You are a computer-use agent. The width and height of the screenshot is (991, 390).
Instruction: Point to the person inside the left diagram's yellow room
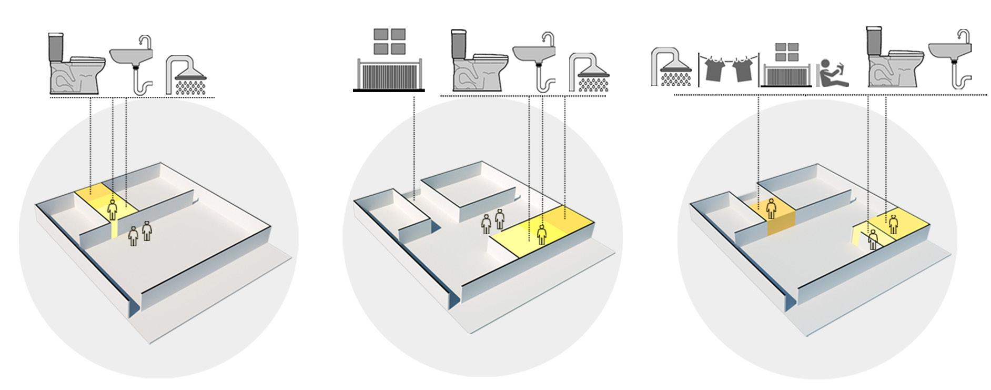click(113, 210)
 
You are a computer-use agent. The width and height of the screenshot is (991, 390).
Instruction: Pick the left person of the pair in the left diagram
click(134, 235)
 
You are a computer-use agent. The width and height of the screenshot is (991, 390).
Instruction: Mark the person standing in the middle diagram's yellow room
click(542, 234)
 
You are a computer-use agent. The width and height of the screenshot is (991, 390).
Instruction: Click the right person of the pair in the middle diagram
click(499, 218)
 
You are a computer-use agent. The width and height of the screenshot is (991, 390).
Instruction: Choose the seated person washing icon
click(832, 73)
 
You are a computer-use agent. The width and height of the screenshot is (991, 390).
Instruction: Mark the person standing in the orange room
click(771, 208)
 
